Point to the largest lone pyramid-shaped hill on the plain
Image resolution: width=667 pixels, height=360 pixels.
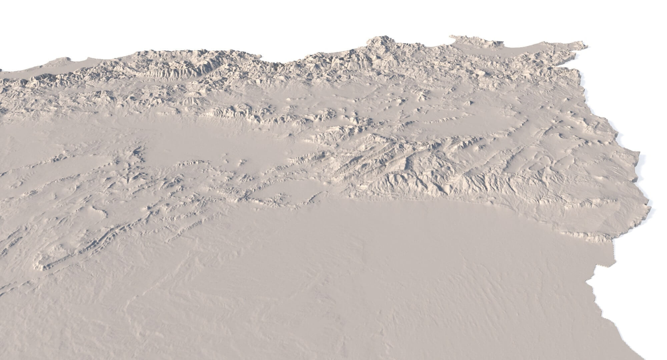(470, 103)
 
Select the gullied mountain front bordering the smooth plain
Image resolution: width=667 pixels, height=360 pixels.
(434, 187)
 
